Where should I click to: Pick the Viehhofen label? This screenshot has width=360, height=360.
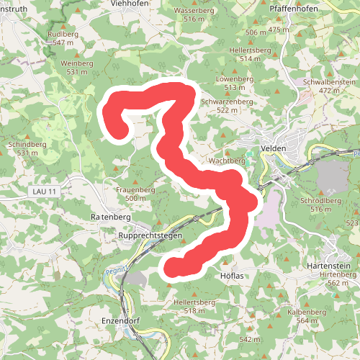(x=130, y=4)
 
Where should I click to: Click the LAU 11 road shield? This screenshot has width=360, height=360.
(x=43, y=190)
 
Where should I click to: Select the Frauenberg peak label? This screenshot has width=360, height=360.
(x=135, y=189)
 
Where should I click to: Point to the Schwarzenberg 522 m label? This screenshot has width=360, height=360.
(x=227, y=102)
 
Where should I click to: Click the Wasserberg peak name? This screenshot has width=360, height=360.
(x=194, y=12)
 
